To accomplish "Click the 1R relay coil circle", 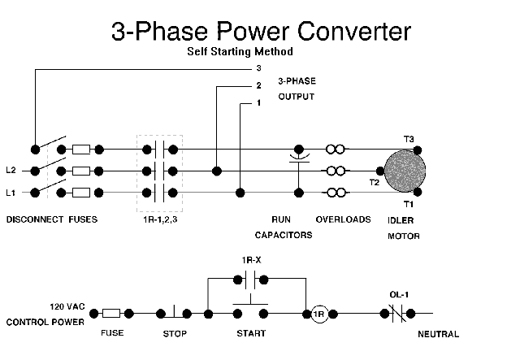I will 319,314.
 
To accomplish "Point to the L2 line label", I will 11,171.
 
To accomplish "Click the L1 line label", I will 11,193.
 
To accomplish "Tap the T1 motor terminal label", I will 409,205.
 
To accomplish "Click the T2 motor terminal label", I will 375,183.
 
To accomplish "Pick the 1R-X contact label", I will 252,260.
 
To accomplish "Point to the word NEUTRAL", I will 439,334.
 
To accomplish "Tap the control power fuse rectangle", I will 112,314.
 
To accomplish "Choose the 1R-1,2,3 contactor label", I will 158,219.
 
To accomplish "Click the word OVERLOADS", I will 343,219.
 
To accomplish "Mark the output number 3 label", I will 258,69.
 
